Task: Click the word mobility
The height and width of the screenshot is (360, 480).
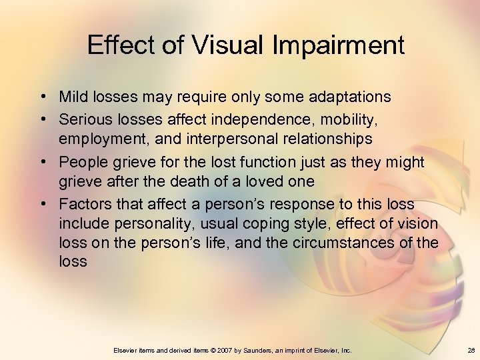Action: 348,119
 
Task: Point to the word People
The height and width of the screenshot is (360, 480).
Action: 82,162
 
